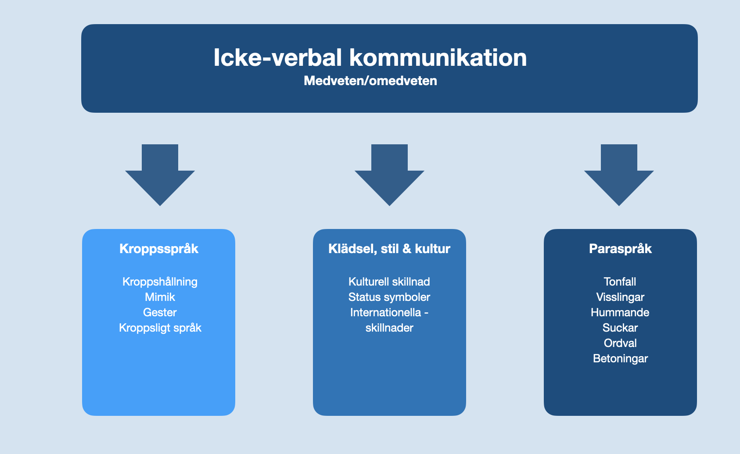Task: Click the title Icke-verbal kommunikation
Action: coord(370,57)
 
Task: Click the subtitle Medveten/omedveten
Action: coord(370,81)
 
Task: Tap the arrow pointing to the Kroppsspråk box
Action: coord(160,175)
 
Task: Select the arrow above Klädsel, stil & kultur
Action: coord(389,175)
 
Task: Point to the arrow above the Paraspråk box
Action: coord(619,175)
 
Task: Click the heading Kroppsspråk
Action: coord(159,249)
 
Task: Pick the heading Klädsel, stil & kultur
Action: coord(389,249)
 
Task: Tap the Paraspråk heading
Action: coord(621,249)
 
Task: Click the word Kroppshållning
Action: coord(160,282)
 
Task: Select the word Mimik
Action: coord(160,297)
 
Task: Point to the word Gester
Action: coord(160,312)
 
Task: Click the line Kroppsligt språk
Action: coord(160,328)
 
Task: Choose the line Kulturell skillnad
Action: coord(389,282)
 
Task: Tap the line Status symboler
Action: coord(389,297)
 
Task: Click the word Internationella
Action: coord(385,312)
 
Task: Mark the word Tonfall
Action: coord(620,282)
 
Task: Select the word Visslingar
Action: coord(620,297)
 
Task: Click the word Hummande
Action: coord(620,312)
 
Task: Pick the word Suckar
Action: coord(620,328)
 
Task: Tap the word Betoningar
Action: coord(621,358)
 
